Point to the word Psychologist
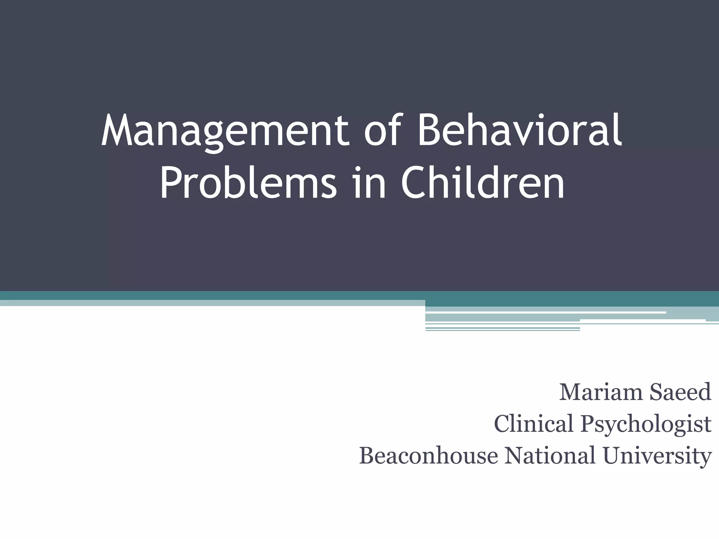[646, 425]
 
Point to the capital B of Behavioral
[428, 131]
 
